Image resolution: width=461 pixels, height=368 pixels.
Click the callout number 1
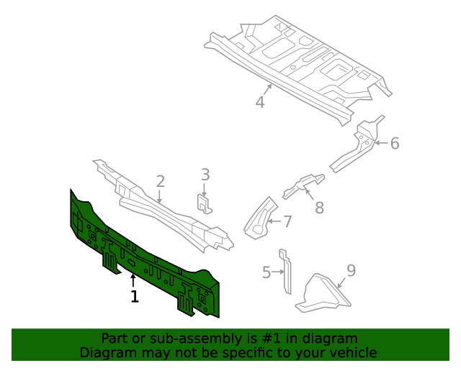pyautogui.click(x=134, y=296)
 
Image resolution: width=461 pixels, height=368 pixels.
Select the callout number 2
pyautogui.click(x=161, y=182)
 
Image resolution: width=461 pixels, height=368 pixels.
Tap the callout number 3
pyautogui.click(x=205, y=174)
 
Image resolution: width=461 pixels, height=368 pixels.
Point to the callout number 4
pyautogui.click(x=260, y=102)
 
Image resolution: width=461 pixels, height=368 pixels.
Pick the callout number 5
pyautogui.click(x=267, y=272)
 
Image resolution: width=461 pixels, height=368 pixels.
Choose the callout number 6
pyautogui.click(x=394, y=144)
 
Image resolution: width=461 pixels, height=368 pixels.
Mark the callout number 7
pyautogui.click(x=287, y=221)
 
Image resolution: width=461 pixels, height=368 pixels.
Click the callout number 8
pyautogui.click(x=319, y=208)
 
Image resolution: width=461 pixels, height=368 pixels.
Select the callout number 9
pyautogui.click(x=351, y=270)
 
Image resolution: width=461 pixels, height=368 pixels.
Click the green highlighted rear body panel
pyautogui.click(x=144, y=259)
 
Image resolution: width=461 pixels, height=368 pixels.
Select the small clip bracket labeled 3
pyautogui.click(x=205, y=203)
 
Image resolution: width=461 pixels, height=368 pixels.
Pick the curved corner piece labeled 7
pyautogui.click(x=259, y=219)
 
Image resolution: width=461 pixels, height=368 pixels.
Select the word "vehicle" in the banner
pyautogui.click(x=351, y=352)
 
